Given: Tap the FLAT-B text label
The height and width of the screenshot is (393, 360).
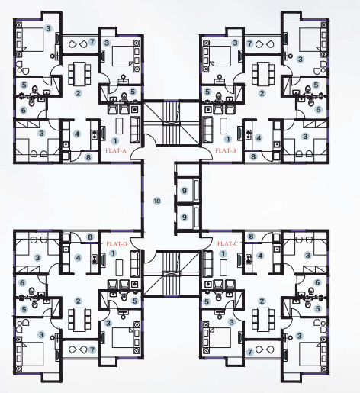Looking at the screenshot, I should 225,152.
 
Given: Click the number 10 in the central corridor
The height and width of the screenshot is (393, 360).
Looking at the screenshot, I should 156,201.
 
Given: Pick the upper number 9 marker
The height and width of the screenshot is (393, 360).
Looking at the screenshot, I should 184,189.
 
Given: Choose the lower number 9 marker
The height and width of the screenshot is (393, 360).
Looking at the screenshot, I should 184,217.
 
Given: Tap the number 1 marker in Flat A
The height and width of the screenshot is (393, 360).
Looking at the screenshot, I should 115,141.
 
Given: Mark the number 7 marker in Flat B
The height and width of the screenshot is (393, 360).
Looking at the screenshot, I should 249,43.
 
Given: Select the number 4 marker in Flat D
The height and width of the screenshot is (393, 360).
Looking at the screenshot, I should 77,257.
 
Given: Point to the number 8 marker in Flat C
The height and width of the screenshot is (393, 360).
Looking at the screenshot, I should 251,237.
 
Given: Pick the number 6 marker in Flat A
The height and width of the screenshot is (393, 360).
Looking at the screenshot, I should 23,110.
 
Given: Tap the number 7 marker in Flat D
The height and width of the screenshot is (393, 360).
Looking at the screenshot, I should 92,350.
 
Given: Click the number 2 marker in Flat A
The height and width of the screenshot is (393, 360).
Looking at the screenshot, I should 77,93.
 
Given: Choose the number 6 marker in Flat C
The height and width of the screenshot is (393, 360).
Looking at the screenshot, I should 317,282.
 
